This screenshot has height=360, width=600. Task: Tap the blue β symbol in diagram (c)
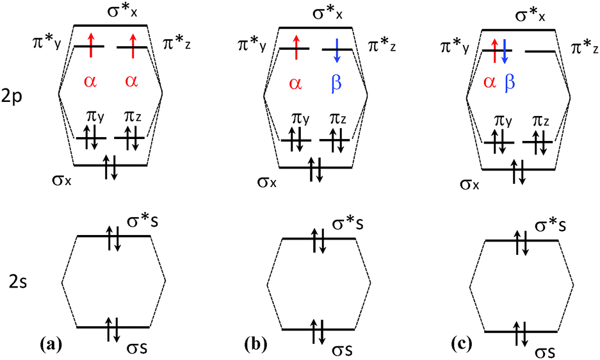(x=509, y=82)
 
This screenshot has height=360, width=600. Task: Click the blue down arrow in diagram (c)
(x=504, y=51)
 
